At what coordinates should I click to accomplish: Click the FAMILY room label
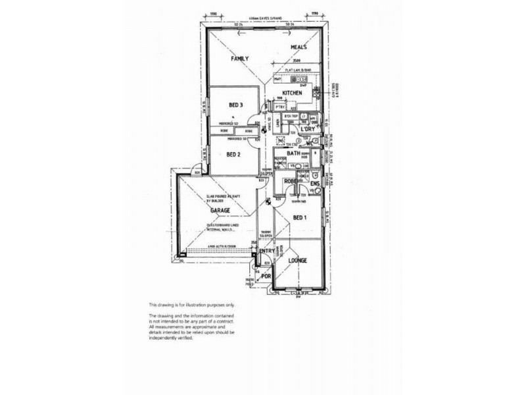point(239,59)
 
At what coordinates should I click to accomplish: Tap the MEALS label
point(300,47)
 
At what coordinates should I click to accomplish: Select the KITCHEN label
point(292,93)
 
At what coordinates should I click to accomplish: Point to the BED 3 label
point(236,105)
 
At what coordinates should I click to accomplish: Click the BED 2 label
point(233,155)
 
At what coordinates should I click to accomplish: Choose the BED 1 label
point(299,217)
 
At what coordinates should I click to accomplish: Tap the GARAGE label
point(220,210)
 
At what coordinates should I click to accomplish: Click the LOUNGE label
point(298,261)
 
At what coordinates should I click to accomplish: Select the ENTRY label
point(267,251)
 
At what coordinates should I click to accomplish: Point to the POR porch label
point(266,276)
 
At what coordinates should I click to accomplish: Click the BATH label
point(293,155)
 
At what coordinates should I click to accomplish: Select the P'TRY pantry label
point(280,107)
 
